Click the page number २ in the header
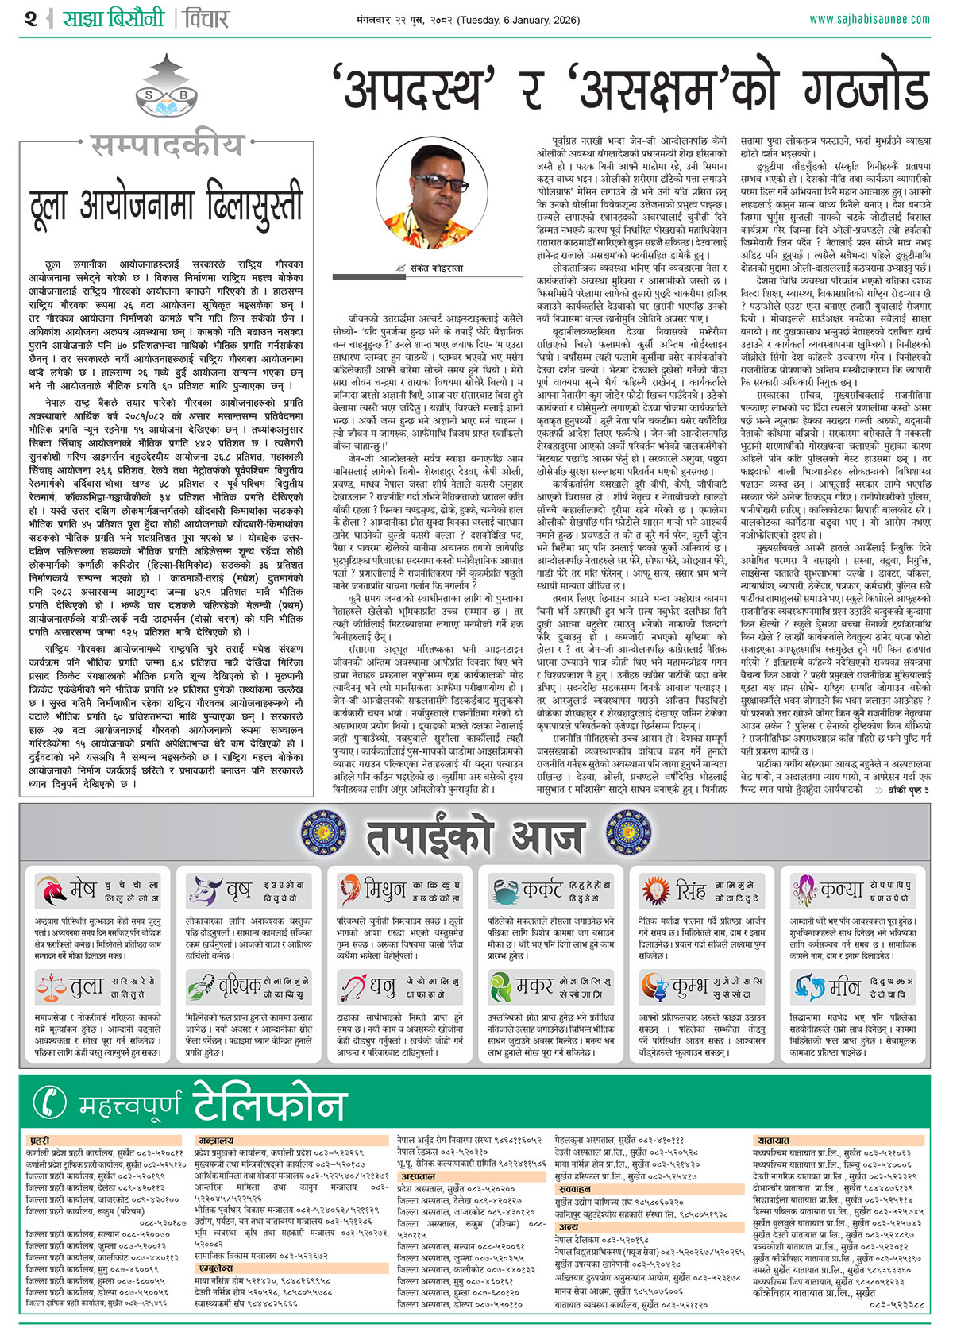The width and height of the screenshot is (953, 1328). click(30, 18)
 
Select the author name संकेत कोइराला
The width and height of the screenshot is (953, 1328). click(436, 268)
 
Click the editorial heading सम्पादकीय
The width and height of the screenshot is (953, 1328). click(167, 146)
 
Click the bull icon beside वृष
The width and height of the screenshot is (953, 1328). click(205, 890)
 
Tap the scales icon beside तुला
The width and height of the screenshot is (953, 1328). click(51, 986)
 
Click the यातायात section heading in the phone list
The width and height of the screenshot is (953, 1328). click(773, 1141)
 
